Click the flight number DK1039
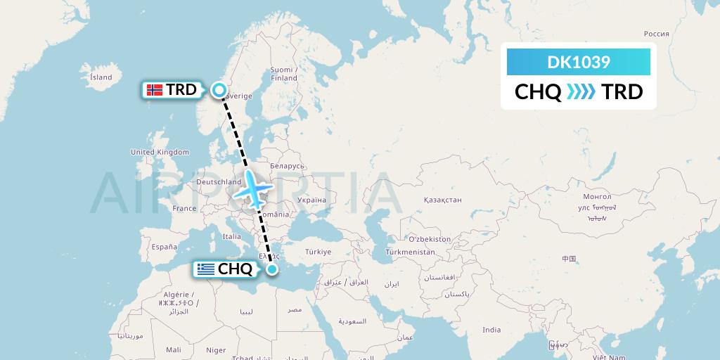click(579, 62)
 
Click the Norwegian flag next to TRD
click(155, 90)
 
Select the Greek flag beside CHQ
click(206, 269)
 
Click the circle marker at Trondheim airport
click(219, 90)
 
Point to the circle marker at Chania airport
click(272, 269)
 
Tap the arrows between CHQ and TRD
click(581, 92)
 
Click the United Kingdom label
click(160, 152)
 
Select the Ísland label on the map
click(101, 77)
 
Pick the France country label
click(185, 208)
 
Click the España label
click(164, 247)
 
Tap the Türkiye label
click(318, 252)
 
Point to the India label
click(491, 330)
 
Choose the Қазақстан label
click(442, 200)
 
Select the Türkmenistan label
click(409, 252)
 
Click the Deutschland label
click(219, 181)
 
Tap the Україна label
click(311, 200)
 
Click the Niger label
click(216, 349)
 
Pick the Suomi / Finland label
click(284, 74)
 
